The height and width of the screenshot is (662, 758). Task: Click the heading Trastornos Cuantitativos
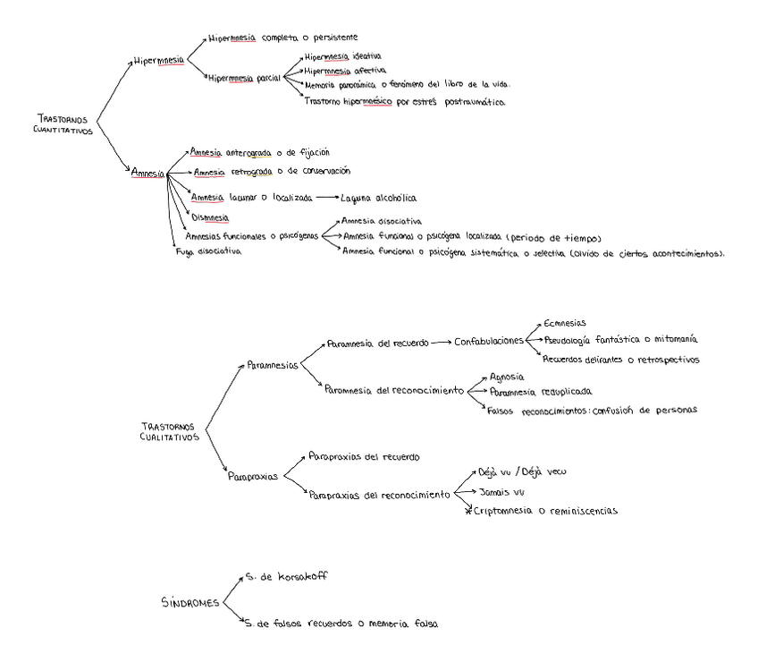[x=64, y=123]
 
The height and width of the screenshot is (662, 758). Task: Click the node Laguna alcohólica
[x=379, y=198]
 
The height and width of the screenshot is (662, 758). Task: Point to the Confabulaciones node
[x=488, y=341]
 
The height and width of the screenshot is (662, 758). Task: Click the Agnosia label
[x=506, y=377]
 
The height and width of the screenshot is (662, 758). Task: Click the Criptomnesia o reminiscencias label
[x=545, y=511]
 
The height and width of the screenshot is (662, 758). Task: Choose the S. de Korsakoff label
[x=285, y=577]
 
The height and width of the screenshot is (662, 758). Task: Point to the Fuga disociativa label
[x=208, y=251]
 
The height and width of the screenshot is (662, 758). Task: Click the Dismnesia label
[x=210, y=216]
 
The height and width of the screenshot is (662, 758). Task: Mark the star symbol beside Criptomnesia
[x=467, y=511]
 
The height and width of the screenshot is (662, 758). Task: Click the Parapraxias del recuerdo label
[x=363, y=456]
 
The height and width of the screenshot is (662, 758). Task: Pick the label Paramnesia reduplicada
[x=541, y=392]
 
